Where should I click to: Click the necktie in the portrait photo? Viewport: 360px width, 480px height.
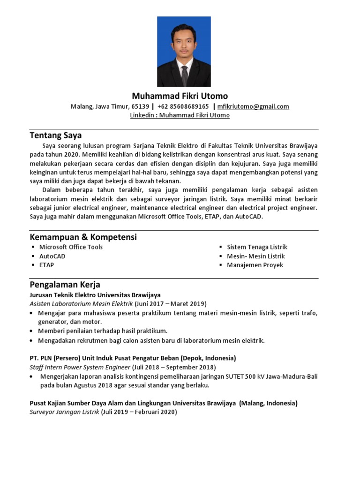click(184, 75)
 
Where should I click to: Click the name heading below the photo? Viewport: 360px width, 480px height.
click(180, 96)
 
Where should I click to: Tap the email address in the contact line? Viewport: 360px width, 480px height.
click(253, 106)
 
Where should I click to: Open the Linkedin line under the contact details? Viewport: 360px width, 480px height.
click(180, 115)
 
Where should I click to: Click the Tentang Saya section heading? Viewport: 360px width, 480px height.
click(55, 135)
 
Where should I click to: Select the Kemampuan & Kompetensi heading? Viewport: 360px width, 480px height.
click(83, 237)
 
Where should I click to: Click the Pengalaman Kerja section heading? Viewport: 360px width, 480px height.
click(65, 285)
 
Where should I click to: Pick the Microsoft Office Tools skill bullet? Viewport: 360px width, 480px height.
click(71, 247)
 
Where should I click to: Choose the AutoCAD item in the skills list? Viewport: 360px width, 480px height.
click(52, 256)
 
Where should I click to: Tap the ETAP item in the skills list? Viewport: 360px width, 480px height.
click(46, 265)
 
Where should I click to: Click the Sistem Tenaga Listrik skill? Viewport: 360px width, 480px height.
click(257, 247)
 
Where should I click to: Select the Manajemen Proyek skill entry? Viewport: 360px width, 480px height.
click(255, 265)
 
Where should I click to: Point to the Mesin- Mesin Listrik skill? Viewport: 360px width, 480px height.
click(255, 256)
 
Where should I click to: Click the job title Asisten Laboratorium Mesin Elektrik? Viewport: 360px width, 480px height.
click(81, 304)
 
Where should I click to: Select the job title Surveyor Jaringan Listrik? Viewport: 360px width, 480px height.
click(64, 412)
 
